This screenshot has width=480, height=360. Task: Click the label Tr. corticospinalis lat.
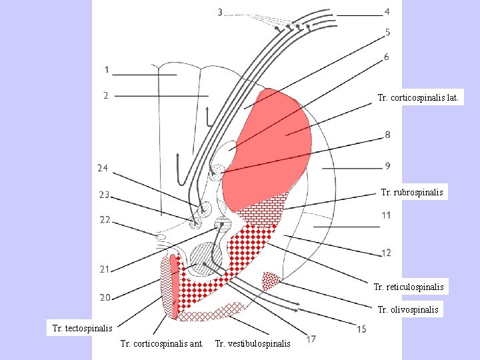pos(417,98)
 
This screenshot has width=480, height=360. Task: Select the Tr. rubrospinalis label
pos(411,193)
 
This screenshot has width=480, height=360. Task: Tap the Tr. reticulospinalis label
pos(409,287)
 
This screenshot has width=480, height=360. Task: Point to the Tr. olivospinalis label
pos(408,310)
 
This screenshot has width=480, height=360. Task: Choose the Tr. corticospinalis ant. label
pos(161,344)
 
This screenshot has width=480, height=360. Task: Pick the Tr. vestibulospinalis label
pos(253,344)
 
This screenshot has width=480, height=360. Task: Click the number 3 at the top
pos(221,13)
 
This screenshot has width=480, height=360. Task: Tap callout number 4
pos(387,12)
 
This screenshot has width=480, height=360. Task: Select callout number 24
pos(103,168)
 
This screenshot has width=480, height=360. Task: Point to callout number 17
pos(311,339)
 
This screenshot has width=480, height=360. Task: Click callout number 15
pos(361,329)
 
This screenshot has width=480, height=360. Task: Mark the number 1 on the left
pos(106,69)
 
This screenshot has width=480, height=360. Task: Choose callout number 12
pos(386,253)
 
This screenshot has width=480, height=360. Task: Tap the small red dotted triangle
pos(271,279)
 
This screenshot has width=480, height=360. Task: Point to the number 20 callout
pos(105,297)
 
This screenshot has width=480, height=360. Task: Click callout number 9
pos(387,165)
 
